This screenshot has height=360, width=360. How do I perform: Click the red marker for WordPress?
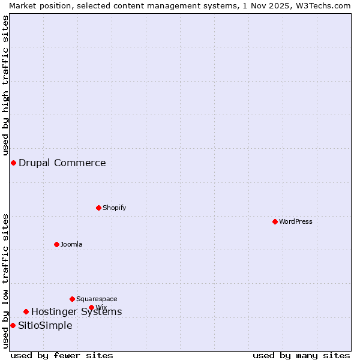pos(275,221)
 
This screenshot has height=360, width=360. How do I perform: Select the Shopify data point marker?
pos(98,208)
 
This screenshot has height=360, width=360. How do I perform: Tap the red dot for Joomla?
pos(56,244)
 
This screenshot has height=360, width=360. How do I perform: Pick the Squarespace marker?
pos(72,299)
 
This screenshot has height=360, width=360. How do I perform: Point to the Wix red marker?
pos(91,307)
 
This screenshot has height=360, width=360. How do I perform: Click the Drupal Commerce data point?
pos(13,163)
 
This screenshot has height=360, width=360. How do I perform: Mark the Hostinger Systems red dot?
pos(26,311)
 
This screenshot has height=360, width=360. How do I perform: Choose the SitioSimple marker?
pos(13,325)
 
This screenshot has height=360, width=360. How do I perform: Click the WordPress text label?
pos(296,221)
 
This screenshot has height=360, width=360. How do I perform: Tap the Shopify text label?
pos(114,208)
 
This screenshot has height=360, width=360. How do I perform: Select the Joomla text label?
pos(71,244)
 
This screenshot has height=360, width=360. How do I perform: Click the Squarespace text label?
pos(97,299)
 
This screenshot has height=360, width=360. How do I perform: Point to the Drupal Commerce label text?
pos(62,163)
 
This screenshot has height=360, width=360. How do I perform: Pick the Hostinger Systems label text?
pos(76,311)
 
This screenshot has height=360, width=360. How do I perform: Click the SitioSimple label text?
pos(45,325)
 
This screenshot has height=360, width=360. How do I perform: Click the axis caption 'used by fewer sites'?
pos(62,355)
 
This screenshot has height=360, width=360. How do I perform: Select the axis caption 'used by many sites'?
pos(301,355)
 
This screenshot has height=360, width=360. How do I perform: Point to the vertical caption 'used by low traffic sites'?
pos(5,281)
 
